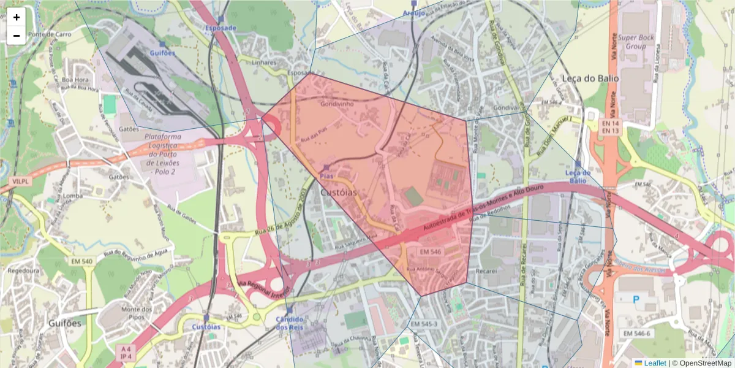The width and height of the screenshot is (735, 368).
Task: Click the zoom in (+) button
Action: click(x=17, y=18)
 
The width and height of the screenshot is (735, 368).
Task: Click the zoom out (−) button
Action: click(x=17, y=36)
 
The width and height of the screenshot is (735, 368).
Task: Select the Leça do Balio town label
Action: click(x=590, y=79)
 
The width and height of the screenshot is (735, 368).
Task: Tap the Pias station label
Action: click(x=326, y=176)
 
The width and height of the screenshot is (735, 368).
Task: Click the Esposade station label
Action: click(x=221, y=28)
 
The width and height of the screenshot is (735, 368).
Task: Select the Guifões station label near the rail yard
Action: click(x=162, y=53)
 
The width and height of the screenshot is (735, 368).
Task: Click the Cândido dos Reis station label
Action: click(x=289, y=323)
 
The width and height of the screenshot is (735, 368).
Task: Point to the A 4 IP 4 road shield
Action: click(x=125, y=352)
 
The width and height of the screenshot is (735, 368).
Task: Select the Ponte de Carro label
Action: click(x=49, y=34)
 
